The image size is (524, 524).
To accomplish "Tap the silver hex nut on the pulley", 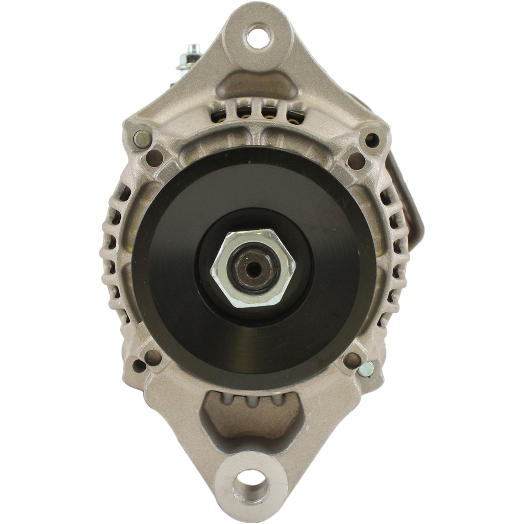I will click(x=253, y=268).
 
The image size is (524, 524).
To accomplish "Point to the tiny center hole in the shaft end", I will click(x=254, y=269).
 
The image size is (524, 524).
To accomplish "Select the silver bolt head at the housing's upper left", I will click(x=142, y=139).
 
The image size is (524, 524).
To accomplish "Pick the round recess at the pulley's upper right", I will click(x=355, y=160).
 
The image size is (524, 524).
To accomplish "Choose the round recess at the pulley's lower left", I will click(x=153, y=357).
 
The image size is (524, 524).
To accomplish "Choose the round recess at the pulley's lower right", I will click(x=352, y=360).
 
